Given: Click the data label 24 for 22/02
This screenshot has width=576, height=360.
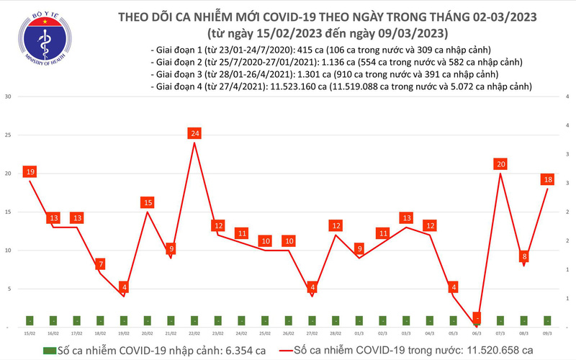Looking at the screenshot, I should (x=194, y=133).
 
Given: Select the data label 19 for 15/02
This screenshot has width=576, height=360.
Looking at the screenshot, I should (x=30, y=172).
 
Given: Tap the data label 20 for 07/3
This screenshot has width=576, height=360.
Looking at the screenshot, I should (x=500, y=164).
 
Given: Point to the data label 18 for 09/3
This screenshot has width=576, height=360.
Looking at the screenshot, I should (x=548, y=180).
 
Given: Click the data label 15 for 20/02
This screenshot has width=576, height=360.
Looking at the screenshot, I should (x=147, y=202).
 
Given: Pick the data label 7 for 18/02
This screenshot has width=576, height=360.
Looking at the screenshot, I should (x=100, y=264).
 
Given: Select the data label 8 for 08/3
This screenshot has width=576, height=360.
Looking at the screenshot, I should (x=524, y=256).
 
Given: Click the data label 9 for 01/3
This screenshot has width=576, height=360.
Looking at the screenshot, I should (x=359, y=249).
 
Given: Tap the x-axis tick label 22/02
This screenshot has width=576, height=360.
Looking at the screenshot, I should (x=194, y=333).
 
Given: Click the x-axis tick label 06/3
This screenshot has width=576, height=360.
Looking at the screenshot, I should (x=477, y=333).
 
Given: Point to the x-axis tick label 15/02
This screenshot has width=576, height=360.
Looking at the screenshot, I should (x=30, y=333).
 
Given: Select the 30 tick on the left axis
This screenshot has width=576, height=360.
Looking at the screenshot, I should (x=9, y=97).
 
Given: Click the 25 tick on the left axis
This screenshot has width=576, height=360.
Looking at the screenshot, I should (x=9, y=135).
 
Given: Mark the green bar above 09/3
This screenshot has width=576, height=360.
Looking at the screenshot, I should (x=548, y=320).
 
